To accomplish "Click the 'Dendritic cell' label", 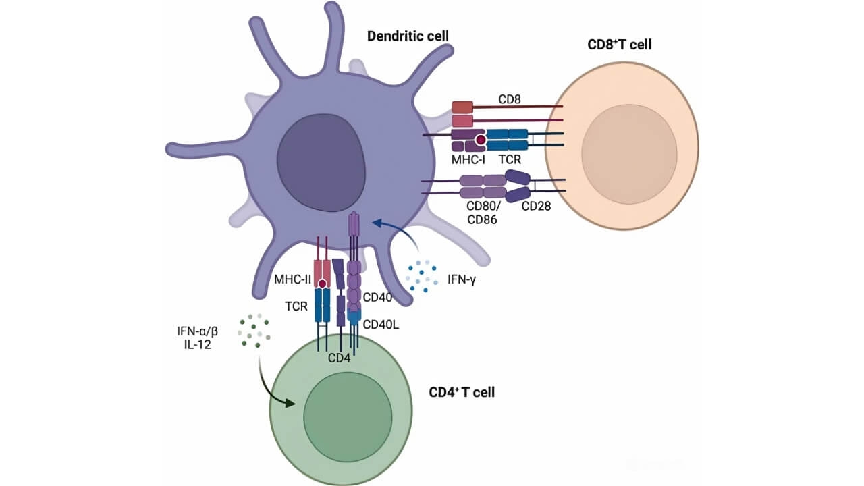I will [408, 35].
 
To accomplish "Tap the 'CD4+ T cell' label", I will [462, 391].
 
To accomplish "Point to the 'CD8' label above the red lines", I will [509, 99].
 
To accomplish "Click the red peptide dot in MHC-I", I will [481, 140].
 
